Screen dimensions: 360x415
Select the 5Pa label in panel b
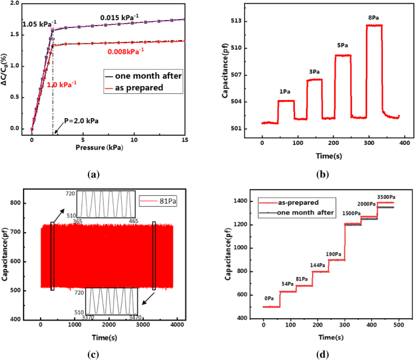tap(344, 45)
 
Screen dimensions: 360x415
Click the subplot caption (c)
tap(93, 352)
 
